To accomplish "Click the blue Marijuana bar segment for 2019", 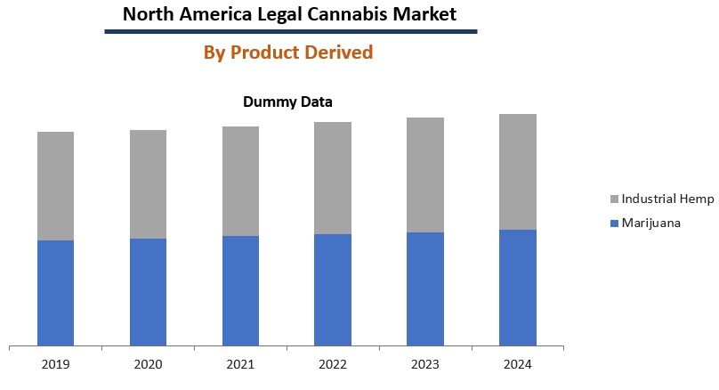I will point(55,292).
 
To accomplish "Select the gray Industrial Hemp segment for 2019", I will point(55,186).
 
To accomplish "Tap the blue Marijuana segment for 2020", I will point(148,291).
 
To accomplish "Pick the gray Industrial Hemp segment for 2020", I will point(148,184).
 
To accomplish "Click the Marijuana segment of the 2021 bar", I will point(240,290).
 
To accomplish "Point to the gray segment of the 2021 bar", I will point(240,181).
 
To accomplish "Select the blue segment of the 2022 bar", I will point(333,289).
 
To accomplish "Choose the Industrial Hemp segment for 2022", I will point(333,178).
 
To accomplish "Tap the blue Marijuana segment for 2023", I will point(425,288).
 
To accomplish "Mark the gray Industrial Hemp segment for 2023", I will point(425,175).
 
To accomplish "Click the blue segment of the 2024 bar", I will point(518,287).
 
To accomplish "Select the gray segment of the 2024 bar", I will point(518,172).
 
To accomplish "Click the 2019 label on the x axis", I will point(55,364).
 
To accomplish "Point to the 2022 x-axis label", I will point(333,364).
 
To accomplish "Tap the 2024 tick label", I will point(518,364).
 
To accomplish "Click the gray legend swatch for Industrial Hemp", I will point(614,199).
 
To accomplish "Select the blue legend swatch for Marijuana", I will point(614,223).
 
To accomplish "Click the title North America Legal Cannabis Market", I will point(289,14).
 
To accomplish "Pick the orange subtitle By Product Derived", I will point(288,53).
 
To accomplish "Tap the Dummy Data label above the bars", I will point(287,102).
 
